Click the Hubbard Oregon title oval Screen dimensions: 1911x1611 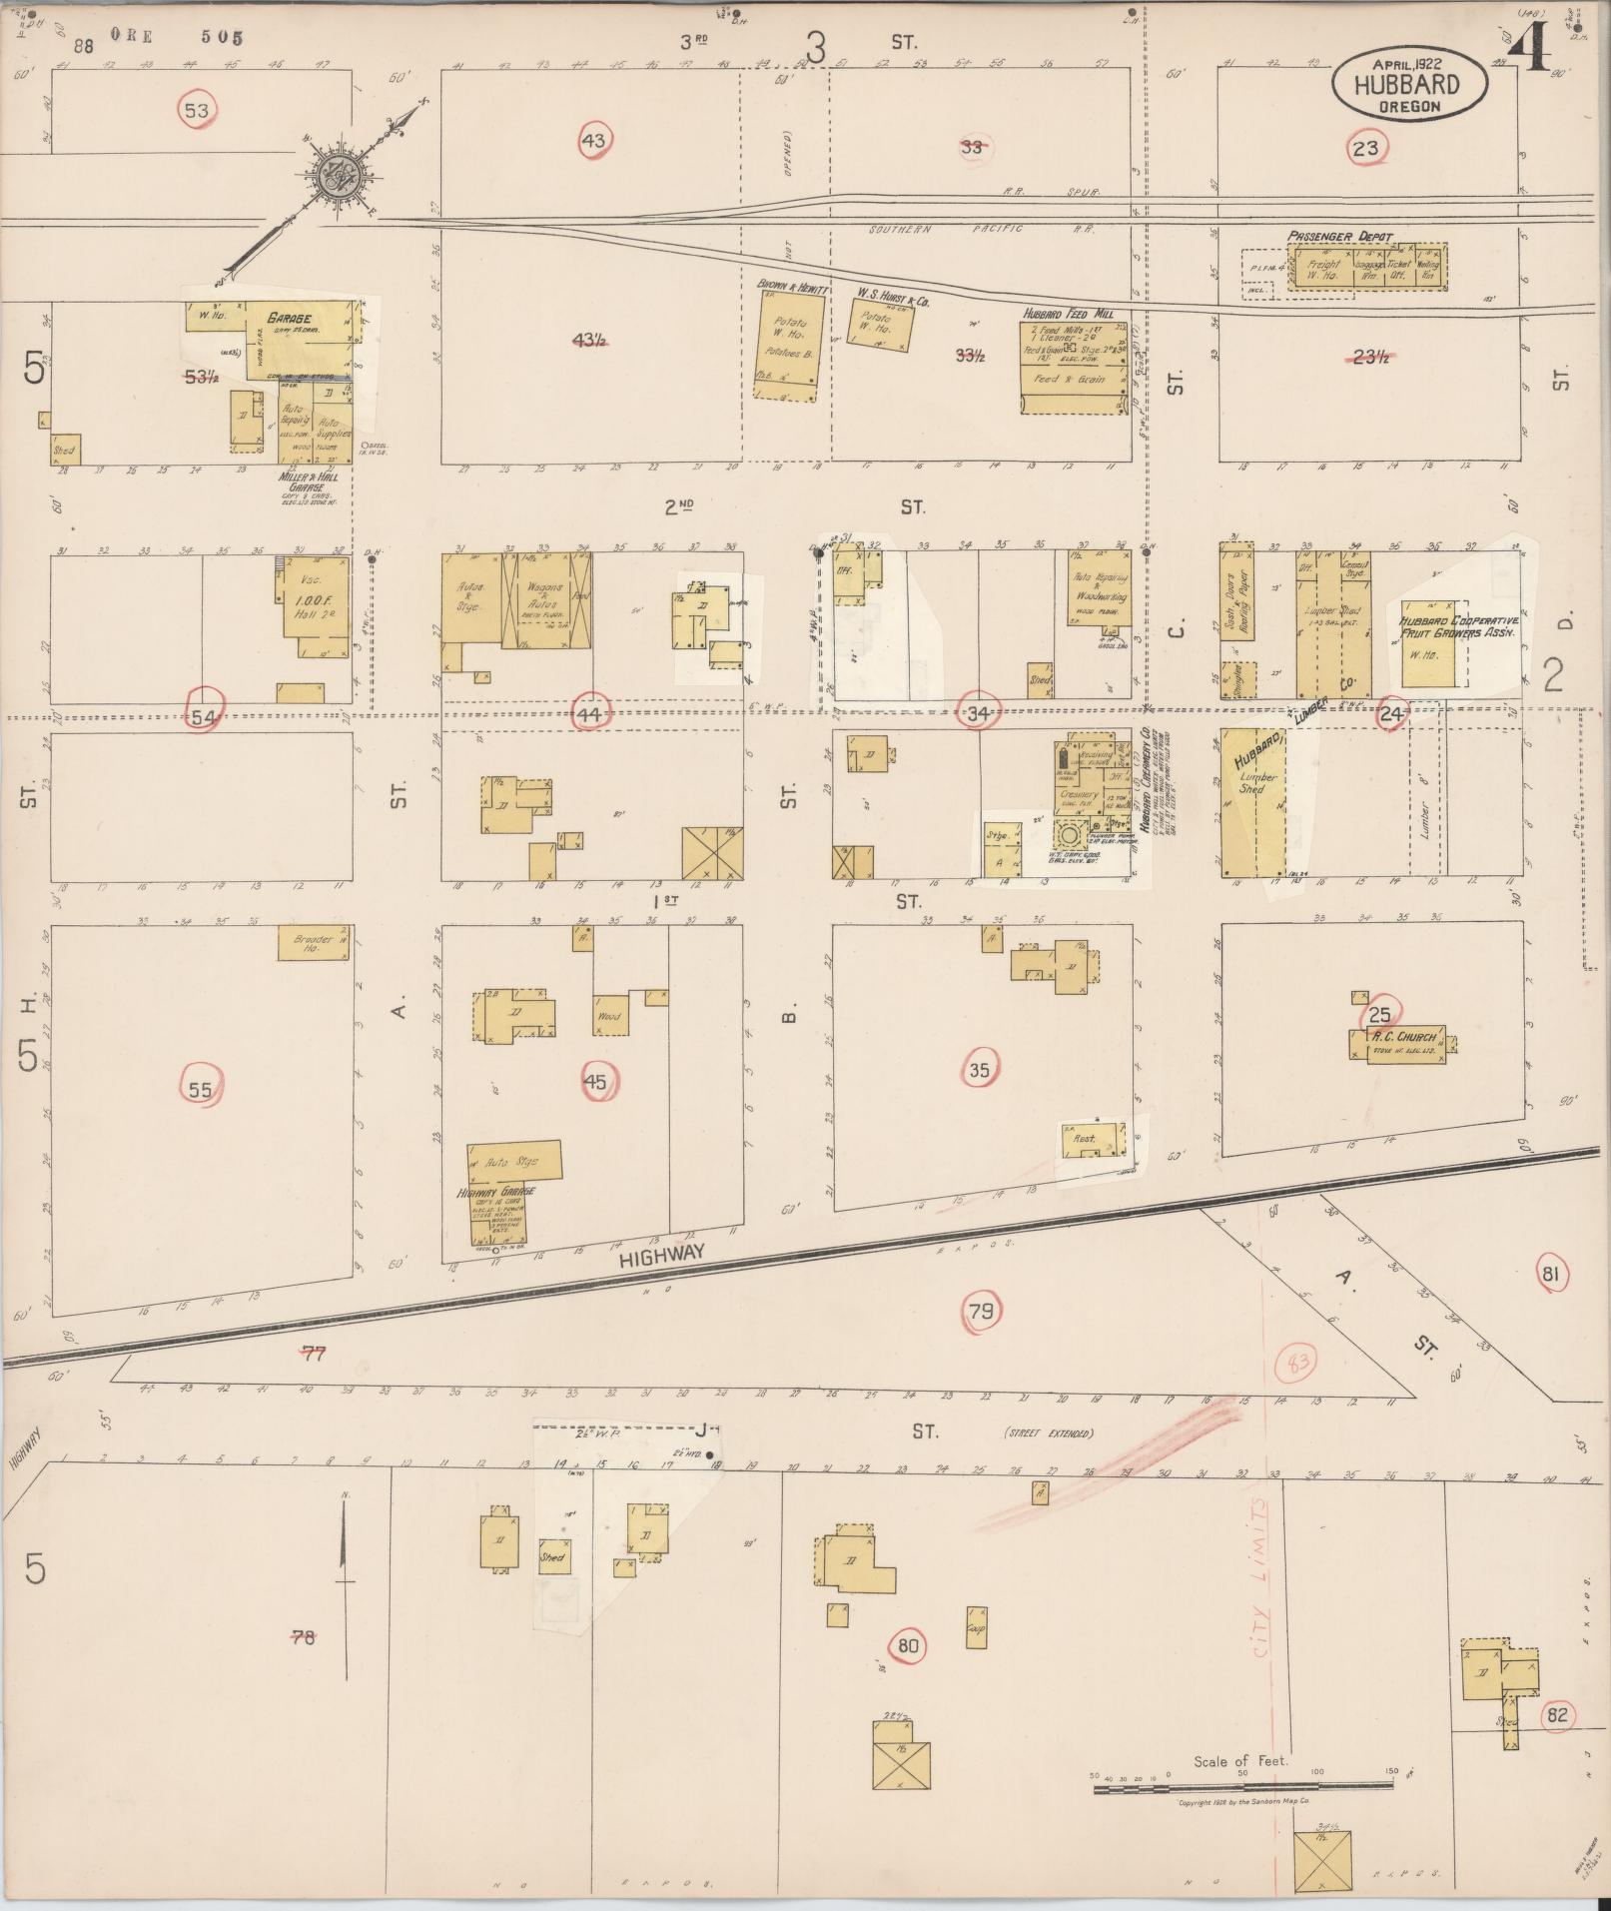pyautogui.click(x=1407, y=85)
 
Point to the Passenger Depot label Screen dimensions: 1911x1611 pyautogui.click(x=1338, y=237)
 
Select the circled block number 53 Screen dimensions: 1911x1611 pyautogui.click(x=197, y=110)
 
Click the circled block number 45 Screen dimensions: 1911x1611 pyautogui.click(x=595, y=1081)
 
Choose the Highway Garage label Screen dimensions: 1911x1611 pyautogui.click(x=496, y=1192)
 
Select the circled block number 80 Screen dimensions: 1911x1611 pyautogui.click(x=909, y=1646)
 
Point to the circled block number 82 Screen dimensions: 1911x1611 pyautogui.click(x=1556, y=1716)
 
